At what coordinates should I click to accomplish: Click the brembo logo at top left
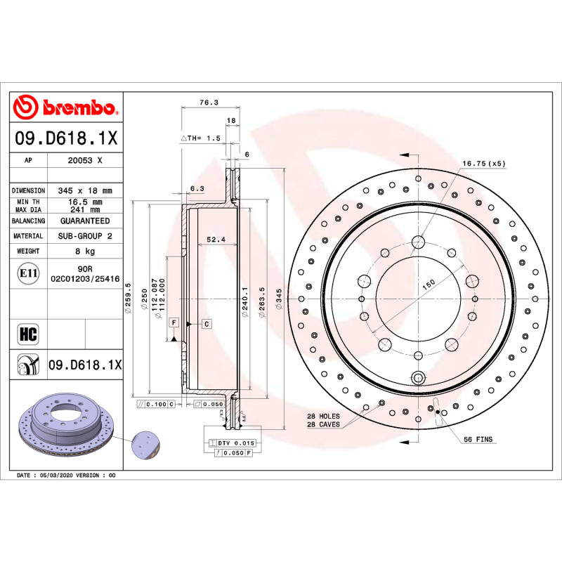pyautogui.click(x=65, y=107)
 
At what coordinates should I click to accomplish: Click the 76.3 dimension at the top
pyautogui.click(x=208, y=102)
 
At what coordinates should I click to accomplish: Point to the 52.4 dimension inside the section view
pyautogui.click(x=216, y=240)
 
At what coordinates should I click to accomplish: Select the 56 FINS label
pyautogui.click(x=478, y=439)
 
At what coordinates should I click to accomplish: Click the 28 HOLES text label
pyautogui.click(x=323, y=416)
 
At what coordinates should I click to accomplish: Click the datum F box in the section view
pyautogui.click(x=172, y=322)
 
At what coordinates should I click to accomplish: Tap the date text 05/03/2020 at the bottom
pyautogui.click(x=55, y=476)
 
